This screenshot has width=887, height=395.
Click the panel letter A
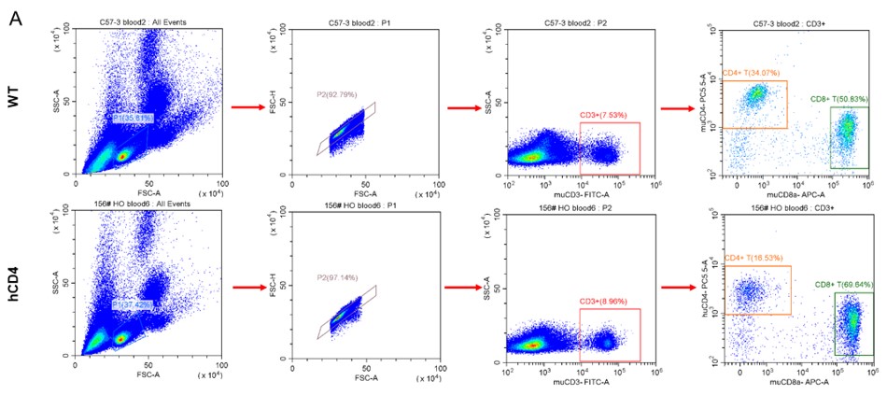tap(16, 19)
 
